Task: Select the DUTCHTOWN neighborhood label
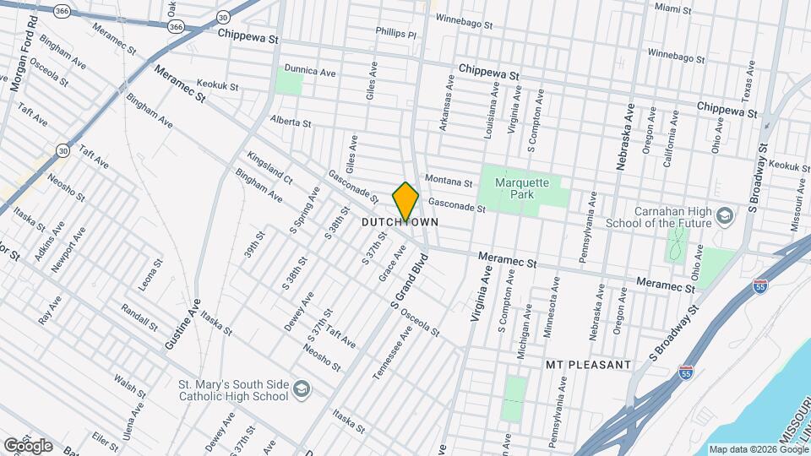click(400, 222)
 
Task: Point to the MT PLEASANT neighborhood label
click(588, 365)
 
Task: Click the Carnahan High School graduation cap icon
click(724, 217)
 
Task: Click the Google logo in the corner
click(27, 446)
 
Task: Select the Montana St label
click(449, 181)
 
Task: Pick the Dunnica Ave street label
click(310, 72)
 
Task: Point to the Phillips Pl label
click(396, 33)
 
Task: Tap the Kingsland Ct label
click(269, 168)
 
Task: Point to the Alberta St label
click(291, 122)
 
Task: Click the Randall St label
click(139, 317)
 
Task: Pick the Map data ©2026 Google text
click(757, 449)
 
